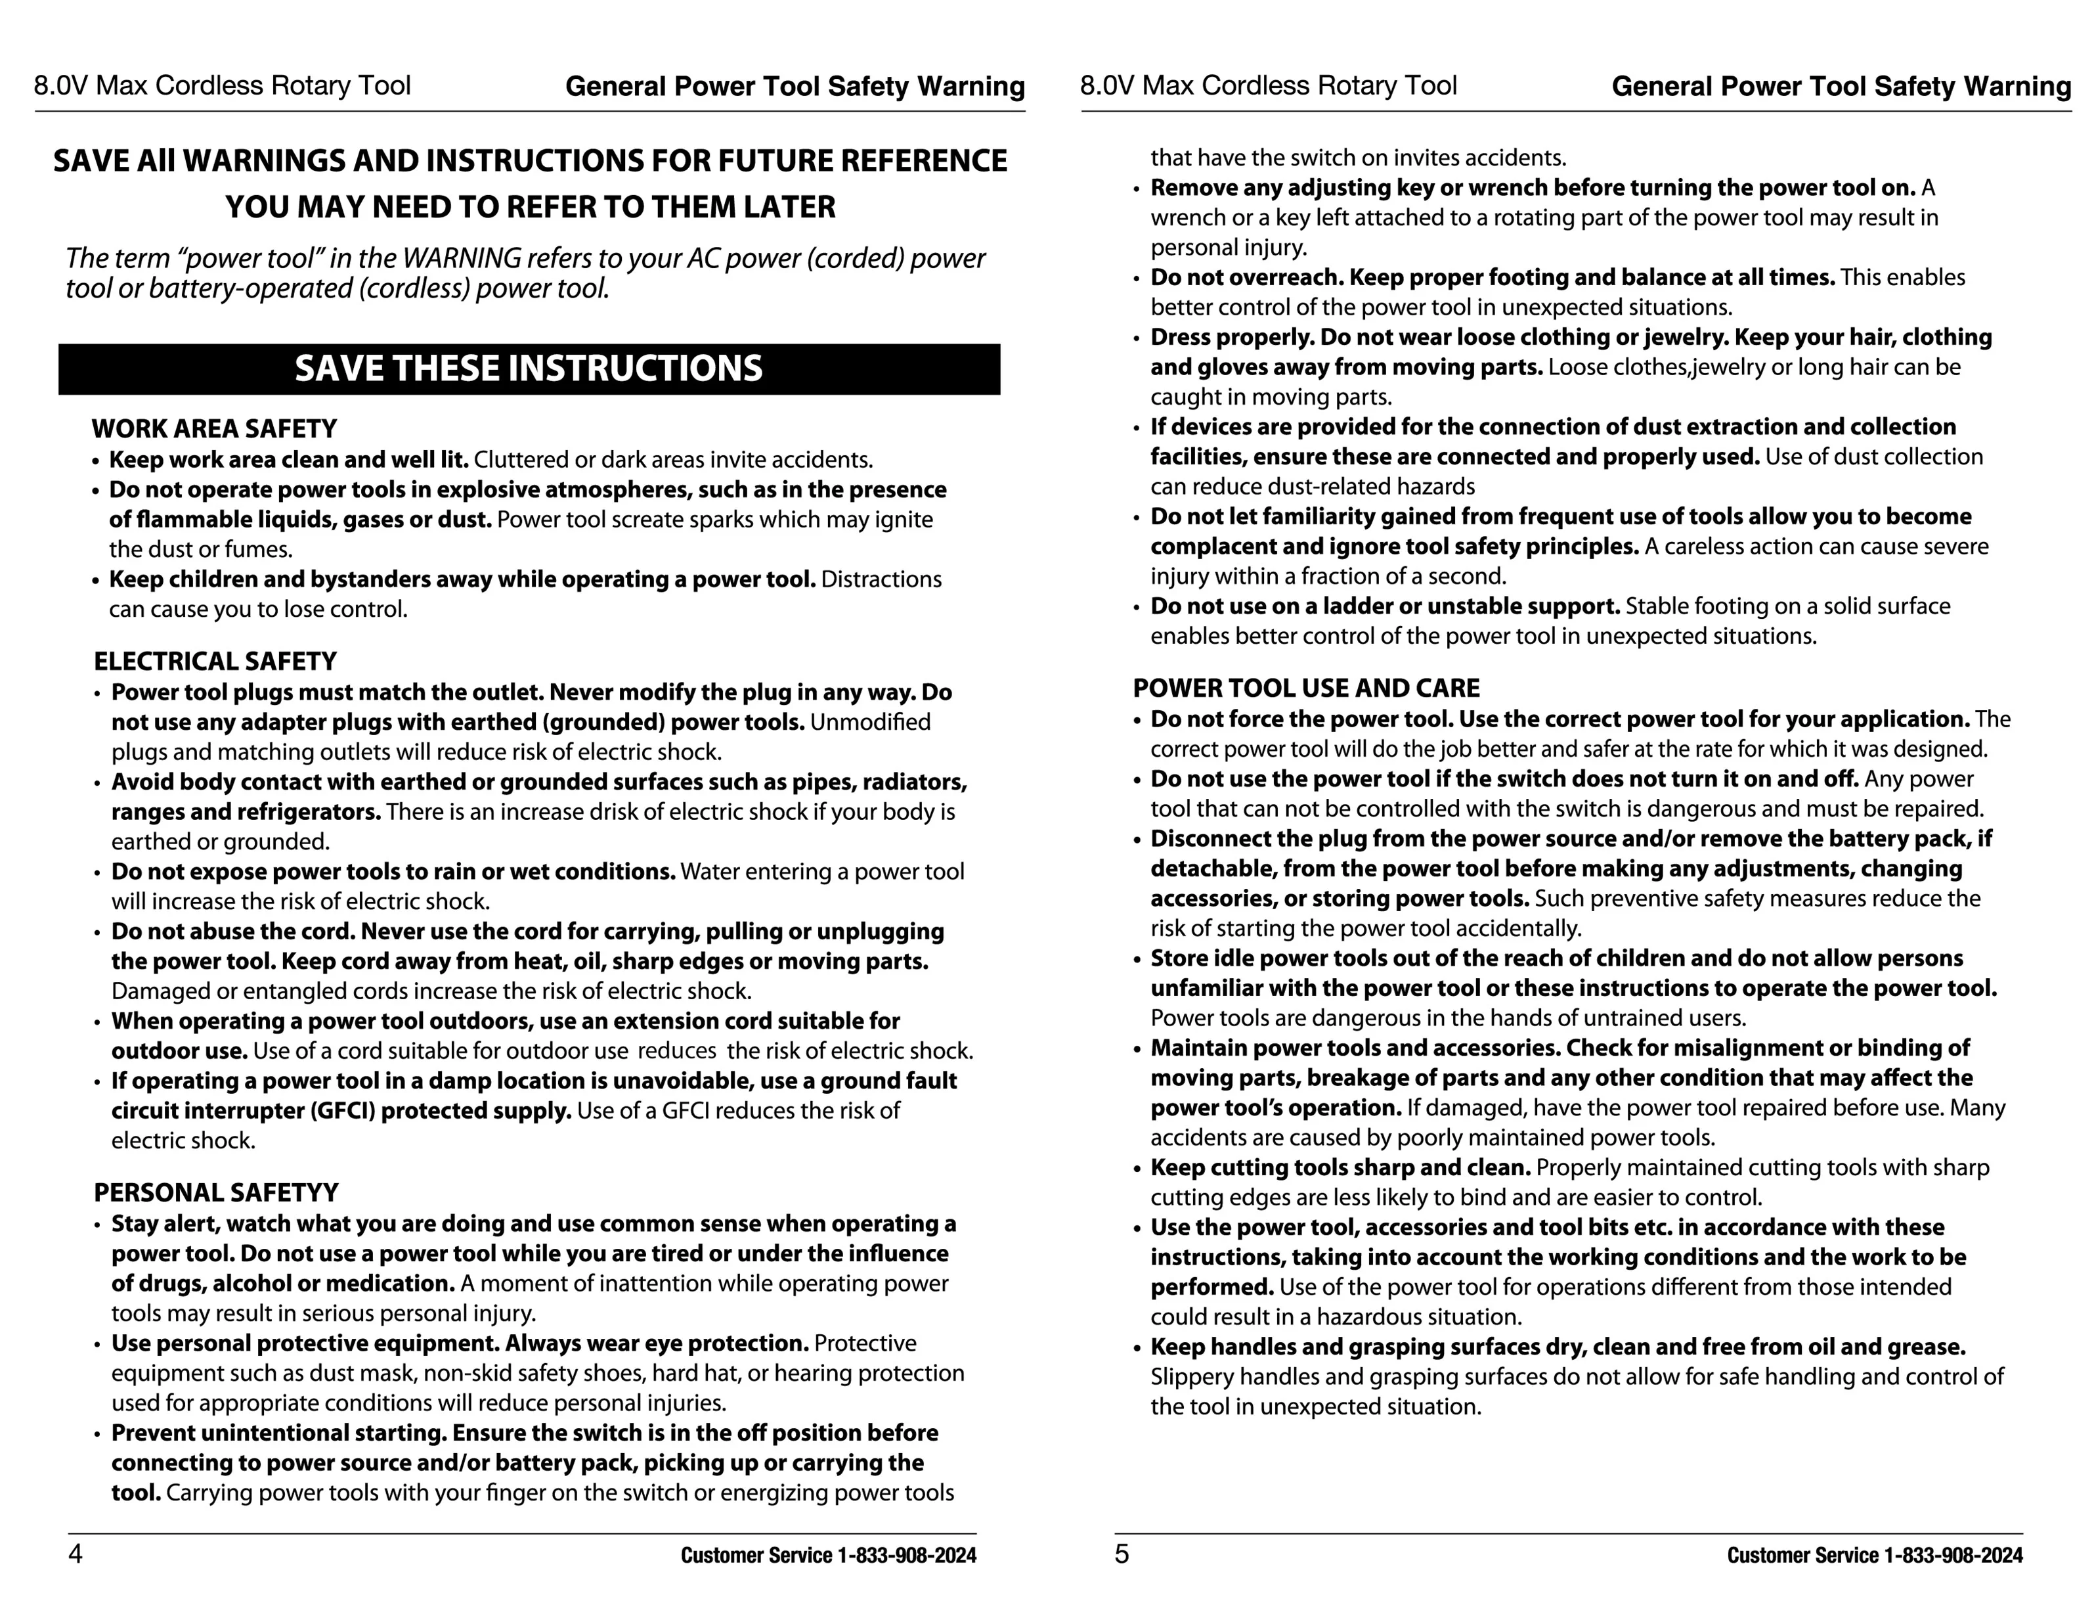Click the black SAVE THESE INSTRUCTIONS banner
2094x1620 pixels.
529,369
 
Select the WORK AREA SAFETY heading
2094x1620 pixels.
214,429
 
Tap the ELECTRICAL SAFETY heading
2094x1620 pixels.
215,662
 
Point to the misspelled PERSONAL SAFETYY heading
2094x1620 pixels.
216,1193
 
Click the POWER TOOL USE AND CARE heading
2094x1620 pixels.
1306,688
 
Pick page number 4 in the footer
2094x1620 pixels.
75,1554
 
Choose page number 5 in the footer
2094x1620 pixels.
1122,1554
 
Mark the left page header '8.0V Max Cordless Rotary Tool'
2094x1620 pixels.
223,86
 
